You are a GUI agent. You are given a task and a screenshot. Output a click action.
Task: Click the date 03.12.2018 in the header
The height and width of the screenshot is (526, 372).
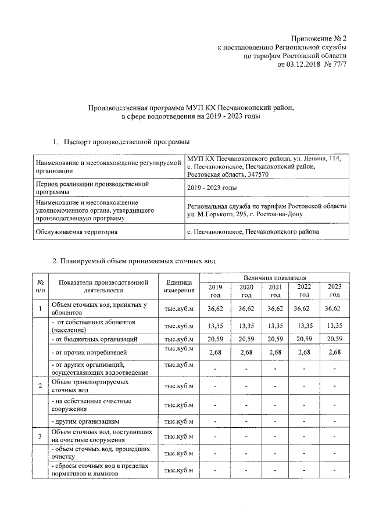point(306,64)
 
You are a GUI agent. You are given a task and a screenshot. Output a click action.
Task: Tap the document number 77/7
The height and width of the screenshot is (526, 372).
point(338,64)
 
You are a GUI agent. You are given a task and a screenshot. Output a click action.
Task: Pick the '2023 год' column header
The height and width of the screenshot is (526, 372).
point(335,291)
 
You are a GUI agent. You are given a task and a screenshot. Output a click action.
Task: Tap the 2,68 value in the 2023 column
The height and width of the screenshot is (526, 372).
point(335,352)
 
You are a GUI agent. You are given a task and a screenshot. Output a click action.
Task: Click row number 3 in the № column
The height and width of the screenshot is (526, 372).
point(39,436)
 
